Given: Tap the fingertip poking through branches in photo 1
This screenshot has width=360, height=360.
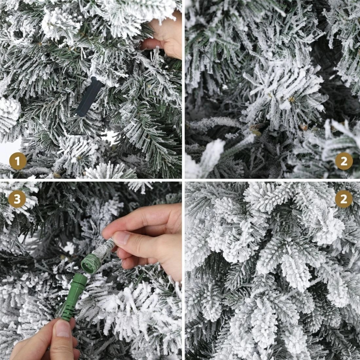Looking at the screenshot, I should pyautogui.click(x=149, y=44).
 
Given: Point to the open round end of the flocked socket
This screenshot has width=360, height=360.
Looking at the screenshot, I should pyautogui.click(x=88, y=262).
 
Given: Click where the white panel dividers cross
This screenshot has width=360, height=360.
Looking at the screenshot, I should pyautogui.click(x=183, y=180).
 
